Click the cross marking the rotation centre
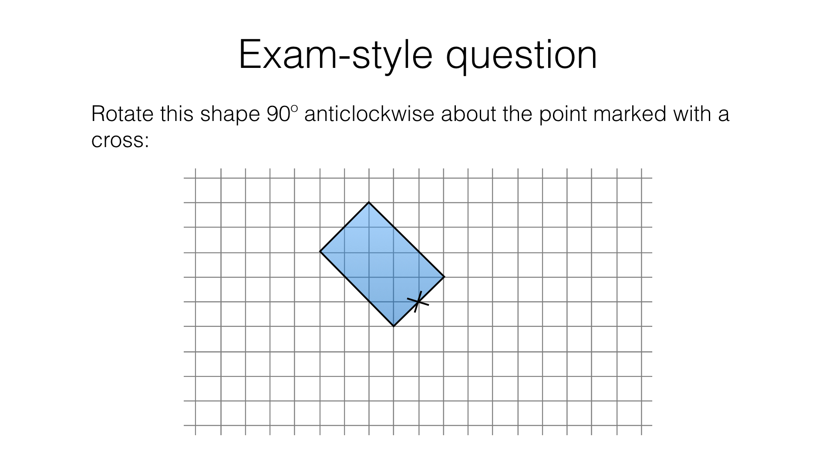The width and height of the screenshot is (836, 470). click(x=418, y=302)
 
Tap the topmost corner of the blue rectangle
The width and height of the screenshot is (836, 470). click(x=369, y=202)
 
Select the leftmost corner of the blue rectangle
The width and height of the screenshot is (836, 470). click(x=320, y=252)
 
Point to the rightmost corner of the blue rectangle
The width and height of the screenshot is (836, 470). click(x=444, y=277)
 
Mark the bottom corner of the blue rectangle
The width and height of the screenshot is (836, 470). click(x=394, y=326)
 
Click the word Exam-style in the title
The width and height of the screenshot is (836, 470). click(x=336, y=55)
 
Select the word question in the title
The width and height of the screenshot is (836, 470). click(x=522, y=57)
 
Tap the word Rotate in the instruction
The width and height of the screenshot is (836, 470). click(x=122, y=114)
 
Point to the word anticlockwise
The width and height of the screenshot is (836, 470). click(x=369, y=114)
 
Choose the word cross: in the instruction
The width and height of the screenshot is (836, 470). click(x=120, y=141)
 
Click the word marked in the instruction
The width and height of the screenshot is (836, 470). click(x=630, y=114)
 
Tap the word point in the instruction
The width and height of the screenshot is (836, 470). click(x=563, y=115)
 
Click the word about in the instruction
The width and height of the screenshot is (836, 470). click(x=469, y=114)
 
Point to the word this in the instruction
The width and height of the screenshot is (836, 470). click(x=177, y=114)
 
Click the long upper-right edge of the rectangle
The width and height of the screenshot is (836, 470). click(x=407, y=240)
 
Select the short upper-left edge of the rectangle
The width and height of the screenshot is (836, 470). click(x=344, y=227)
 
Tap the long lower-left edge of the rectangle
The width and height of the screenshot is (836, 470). click(x=357, y=289)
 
